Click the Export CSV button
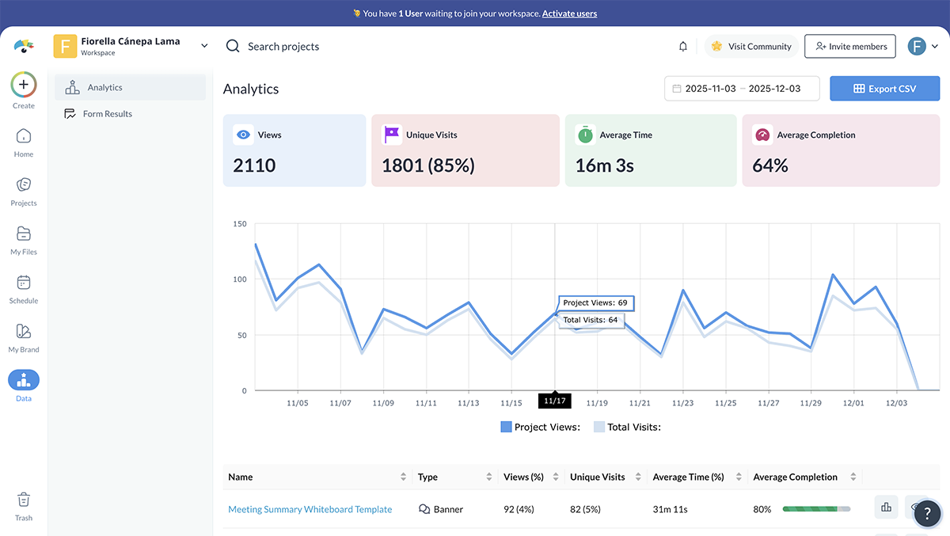[x=884, y=89]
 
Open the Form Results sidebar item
[x=107, y=114]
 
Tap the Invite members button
[x=850, y=47]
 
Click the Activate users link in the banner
[x=569, y=13]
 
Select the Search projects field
[x=283, y=47]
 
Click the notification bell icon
[x=683, y=47]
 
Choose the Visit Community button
[x=751, y=47]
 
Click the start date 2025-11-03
[x=711, y=89]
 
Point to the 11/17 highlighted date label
[x=554, y=401]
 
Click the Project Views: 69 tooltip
[x=595, y=303]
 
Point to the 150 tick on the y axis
[x=240, y=224]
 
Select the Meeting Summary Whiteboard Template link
[x=310, y=510]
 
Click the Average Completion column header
[x=795, y=477]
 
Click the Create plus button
[x=24, y=84]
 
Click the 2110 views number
[x=254, y=165]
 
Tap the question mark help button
[x=927, y=513]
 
